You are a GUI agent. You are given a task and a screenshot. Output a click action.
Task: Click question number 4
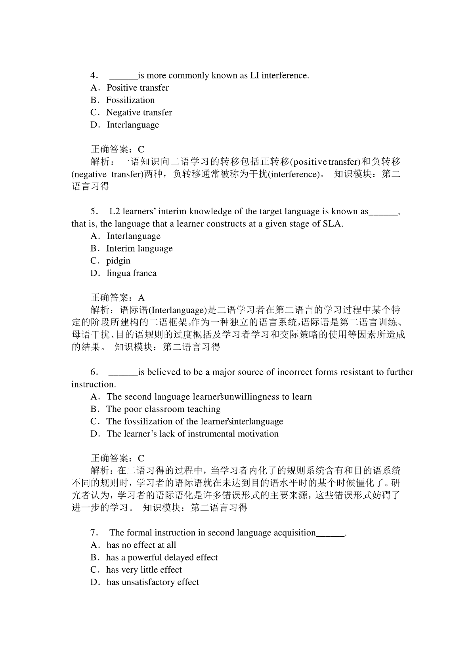click(94, 76)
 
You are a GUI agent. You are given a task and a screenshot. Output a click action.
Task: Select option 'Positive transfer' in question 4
click(137, 88)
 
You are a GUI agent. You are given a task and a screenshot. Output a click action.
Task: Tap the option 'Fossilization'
click(130, 100)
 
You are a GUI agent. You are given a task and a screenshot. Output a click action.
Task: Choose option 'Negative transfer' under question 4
click(139, 112)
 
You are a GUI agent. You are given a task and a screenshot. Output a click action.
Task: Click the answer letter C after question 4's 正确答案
click(141, 149)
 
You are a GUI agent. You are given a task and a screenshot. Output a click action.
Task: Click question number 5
click(94, 212)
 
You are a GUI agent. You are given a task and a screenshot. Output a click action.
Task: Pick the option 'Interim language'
click(139, 248)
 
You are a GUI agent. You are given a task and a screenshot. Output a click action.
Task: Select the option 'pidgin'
click(118, 261)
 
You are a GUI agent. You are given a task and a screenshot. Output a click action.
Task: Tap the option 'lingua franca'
click(131, 273)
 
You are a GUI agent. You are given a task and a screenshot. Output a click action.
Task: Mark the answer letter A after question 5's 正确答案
click(141, 298)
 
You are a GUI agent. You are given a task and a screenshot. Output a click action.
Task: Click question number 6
click(94, 372)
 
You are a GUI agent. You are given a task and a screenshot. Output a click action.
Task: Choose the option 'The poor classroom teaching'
click(163, 409)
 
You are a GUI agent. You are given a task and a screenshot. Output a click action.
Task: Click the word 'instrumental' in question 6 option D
click(208, 434)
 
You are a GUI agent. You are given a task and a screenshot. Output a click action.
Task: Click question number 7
click(94, 533)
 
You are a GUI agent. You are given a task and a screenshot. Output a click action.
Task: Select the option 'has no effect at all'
click(141, 545)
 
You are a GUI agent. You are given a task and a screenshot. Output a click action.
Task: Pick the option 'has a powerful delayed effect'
click(162, 558)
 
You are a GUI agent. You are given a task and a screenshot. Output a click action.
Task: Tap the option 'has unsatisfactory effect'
click(153, 582)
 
